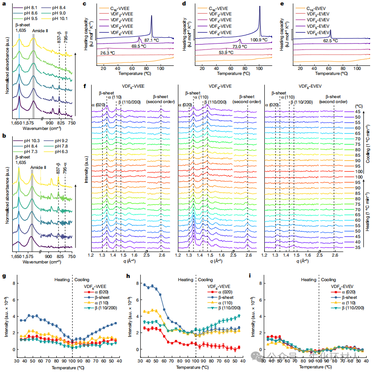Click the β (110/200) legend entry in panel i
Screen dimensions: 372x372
350,308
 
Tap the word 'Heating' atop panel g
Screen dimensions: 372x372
62,280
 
